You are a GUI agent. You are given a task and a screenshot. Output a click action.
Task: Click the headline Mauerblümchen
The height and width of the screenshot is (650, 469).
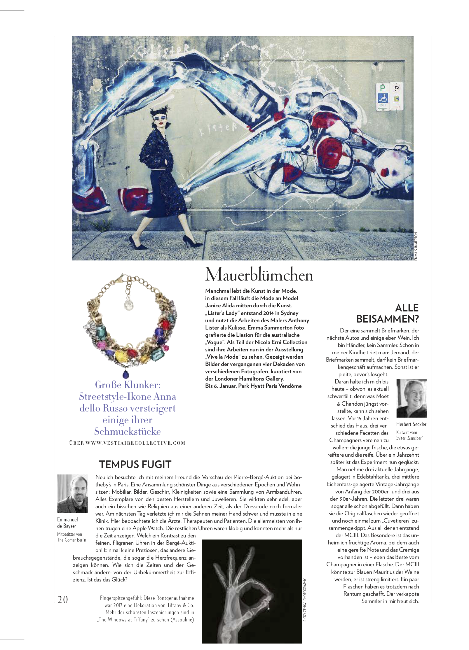(259, 275)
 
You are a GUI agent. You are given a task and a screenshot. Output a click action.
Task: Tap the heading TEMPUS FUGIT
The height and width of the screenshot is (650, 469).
(135, 465)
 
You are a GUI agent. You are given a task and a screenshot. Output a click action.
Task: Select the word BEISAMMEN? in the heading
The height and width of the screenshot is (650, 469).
(387, 319)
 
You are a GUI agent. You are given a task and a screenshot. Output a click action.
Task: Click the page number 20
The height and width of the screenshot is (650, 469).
(63, 599)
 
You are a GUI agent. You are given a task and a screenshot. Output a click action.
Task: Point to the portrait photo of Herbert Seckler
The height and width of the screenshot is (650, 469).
(411, 398)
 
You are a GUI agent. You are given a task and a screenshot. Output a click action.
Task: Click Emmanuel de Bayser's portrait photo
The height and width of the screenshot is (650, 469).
(72, 493)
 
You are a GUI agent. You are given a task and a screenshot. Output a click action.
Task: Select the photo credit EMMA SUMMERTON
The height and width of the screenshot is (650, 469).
(416, 246)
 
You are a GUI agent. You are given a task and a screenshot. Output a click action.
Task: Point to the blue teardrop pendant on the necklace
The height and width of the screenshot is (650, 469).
(126, 374)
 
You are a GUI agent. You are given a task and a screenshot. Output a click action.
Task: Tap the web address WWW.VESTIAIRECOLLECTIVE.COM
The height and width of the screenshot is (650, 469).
(136, 443)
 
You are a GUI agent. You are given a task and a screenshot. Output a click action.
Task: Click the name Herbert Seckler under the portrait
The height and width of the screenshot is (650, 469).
(411, 424)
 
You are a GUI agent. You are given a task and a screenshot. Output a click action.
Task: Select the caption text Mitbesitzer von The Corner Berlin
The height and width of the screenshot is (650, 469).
(72, 537)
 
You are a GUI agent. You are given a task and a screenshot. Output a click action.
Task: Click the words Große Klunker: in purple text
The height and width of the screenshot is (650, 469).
(128, 385)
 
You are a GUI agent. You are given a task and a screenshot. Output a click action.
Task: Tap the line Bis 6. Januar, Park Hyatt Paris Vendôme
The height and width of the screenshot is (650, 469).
(253, 386)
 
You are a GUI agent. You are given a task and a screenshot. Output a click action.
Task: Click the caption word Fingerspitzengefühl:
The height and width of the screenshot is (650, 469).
(121, 598)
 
